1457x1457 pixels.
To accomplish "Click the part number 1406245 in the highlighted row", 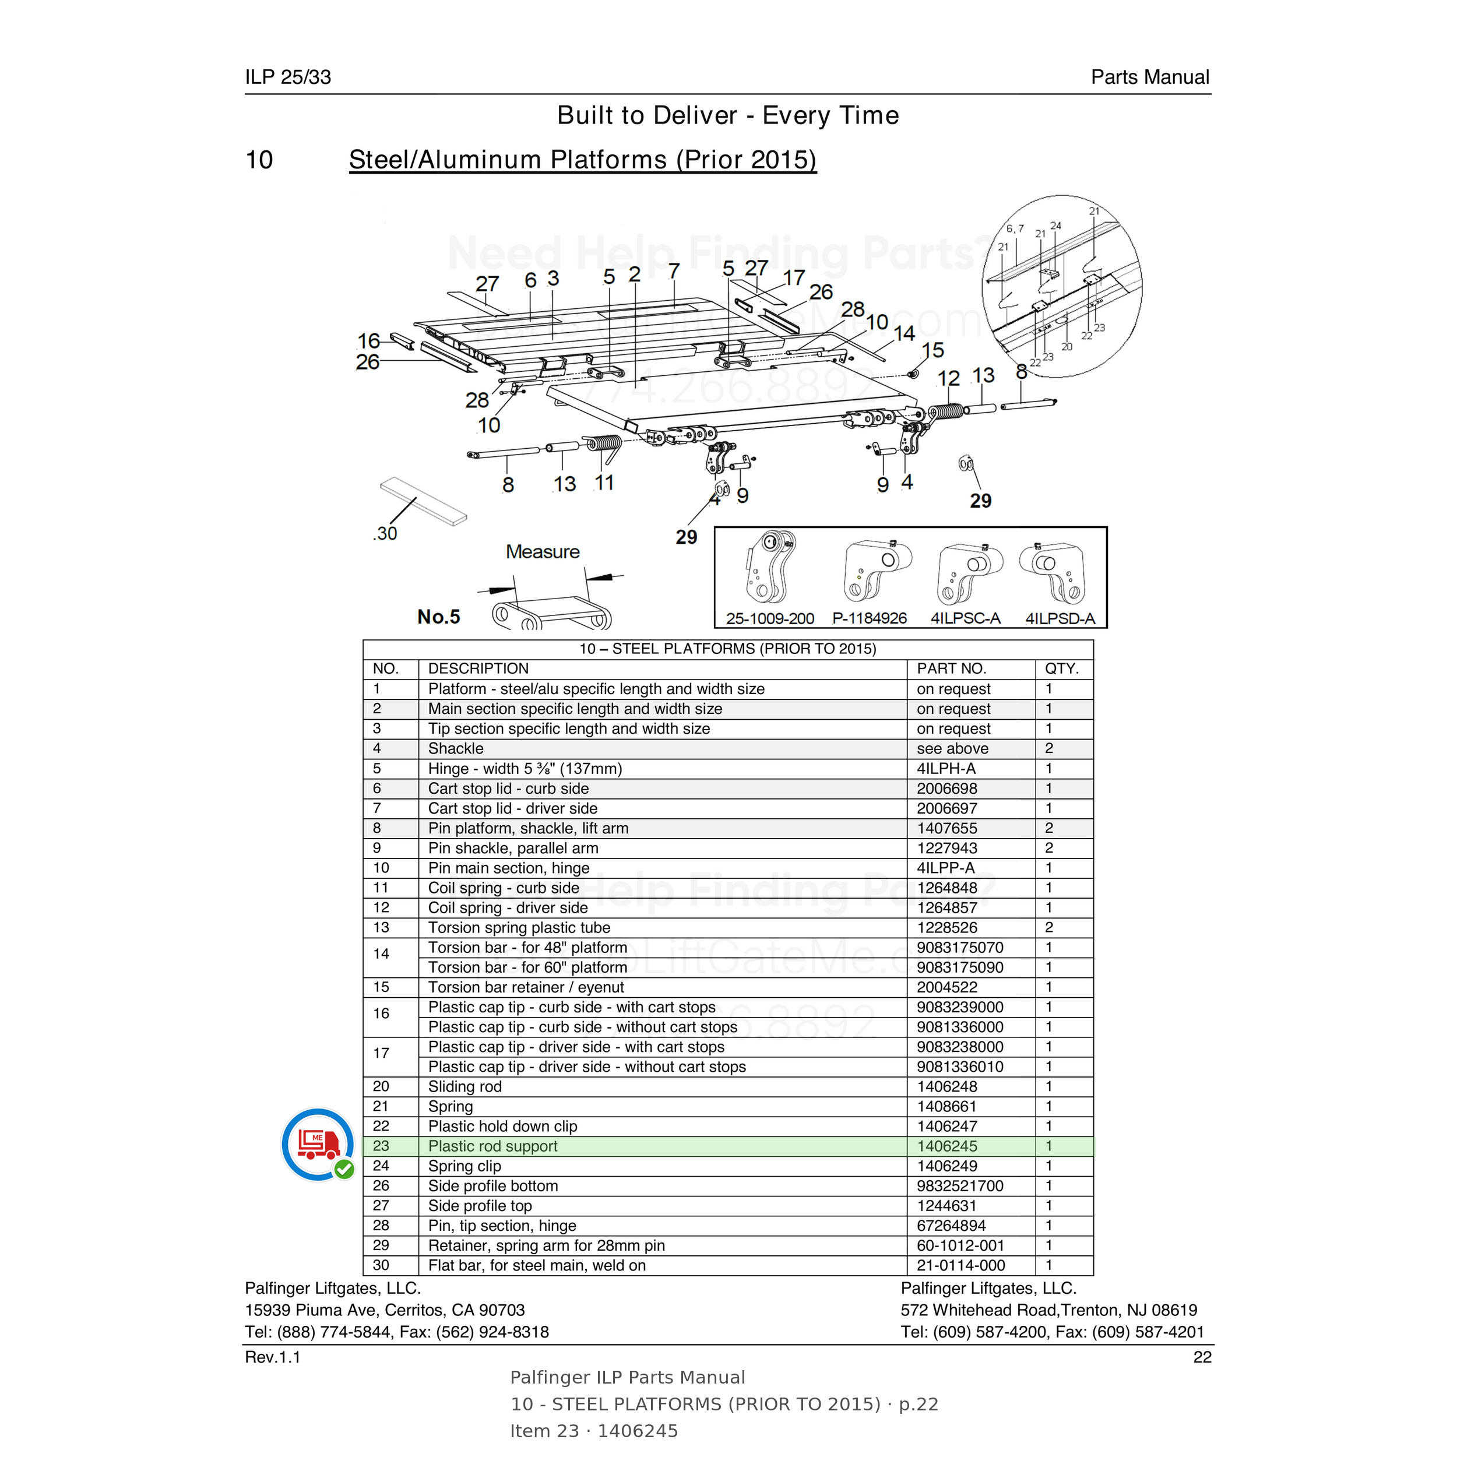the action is (946, 1146).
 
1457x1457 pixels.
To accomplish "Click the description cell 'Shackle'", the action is (456, 749).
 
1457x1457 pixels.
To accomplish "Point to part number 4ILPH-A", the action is (946, 769).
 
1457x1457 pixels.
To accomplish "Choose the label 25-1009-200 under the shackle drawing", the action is (770, 618).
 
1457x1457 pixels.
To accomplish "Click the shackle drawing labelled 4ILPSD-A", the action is (1053, 572).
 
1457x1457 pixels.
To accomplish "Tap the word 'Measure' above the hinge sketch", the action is (542, 552).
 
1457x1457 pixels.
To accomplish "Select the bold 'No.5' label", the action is (438, 617).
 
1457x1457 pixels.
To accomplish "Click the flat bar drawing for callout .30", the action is (424, 501).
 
